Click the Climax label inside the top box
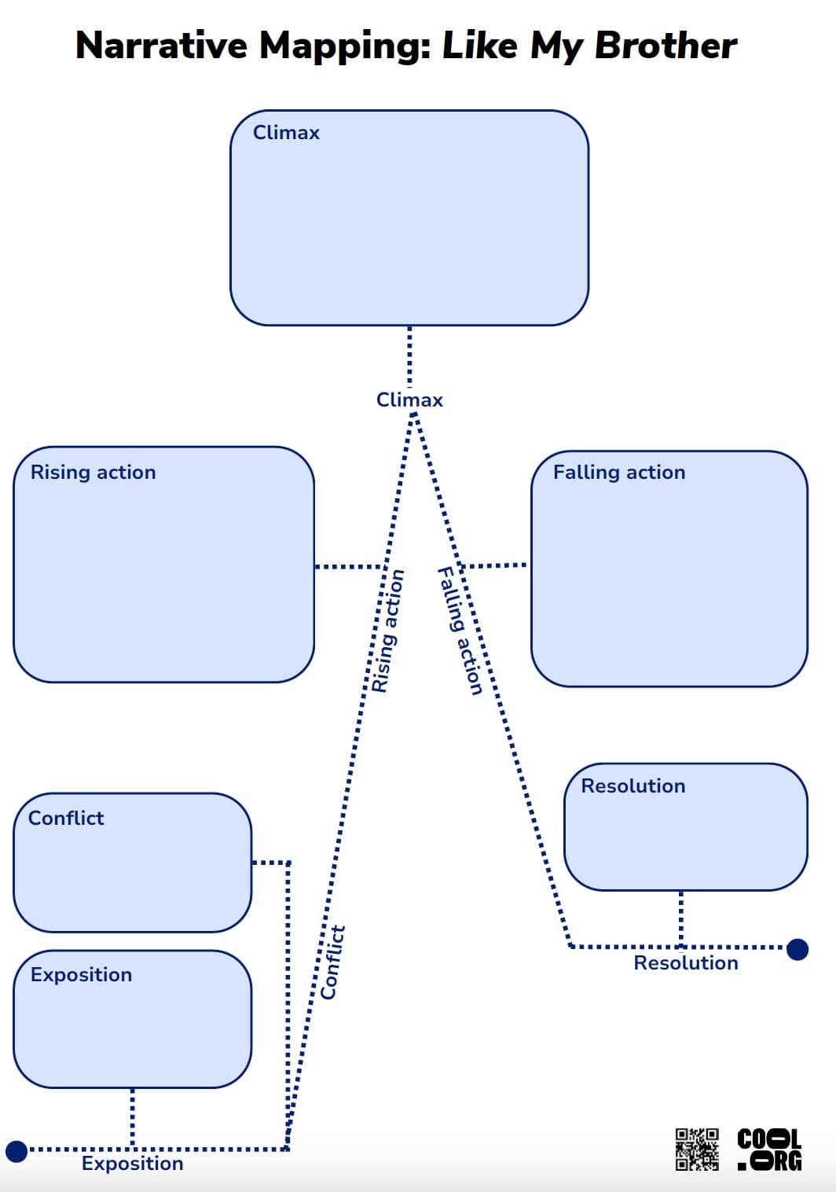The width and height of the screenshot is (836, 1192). (286, 133)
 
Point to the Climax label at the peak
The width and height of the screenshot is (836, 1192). (409, 400)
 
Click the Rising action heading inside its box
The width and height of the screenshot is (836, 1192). (93, 473)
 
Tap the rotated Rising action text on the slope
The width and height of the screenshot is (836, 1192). (388, 631)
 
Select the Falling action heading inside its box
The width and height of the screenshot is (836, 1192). (619, 473)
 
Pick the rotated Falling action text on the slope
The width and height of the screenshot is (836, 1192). (460, 631)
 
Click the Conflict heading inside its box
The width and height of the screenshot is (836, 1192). (66, 819)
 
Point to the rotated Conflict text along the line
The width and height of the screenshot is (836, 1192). (333, 962)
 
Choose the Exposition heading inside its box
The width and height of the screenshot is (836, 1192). (81, 975)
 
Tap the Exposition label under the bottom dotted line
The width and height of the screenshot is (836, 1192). (132, 1164)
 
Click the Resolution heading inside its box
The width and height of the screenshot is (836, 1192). (632, 786)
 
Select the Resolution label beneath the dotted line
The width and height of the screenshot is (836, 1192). (686, 963)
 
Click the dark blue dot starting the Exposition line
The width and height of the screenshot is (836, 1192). (16, 1152)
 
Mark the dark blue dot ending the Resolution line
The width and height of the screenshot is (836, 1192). (797, 949)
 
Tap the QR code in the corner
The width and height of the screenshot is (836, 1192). (697, 1150)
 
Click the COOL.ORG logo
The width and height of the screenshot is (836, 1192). (769, 1150)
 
